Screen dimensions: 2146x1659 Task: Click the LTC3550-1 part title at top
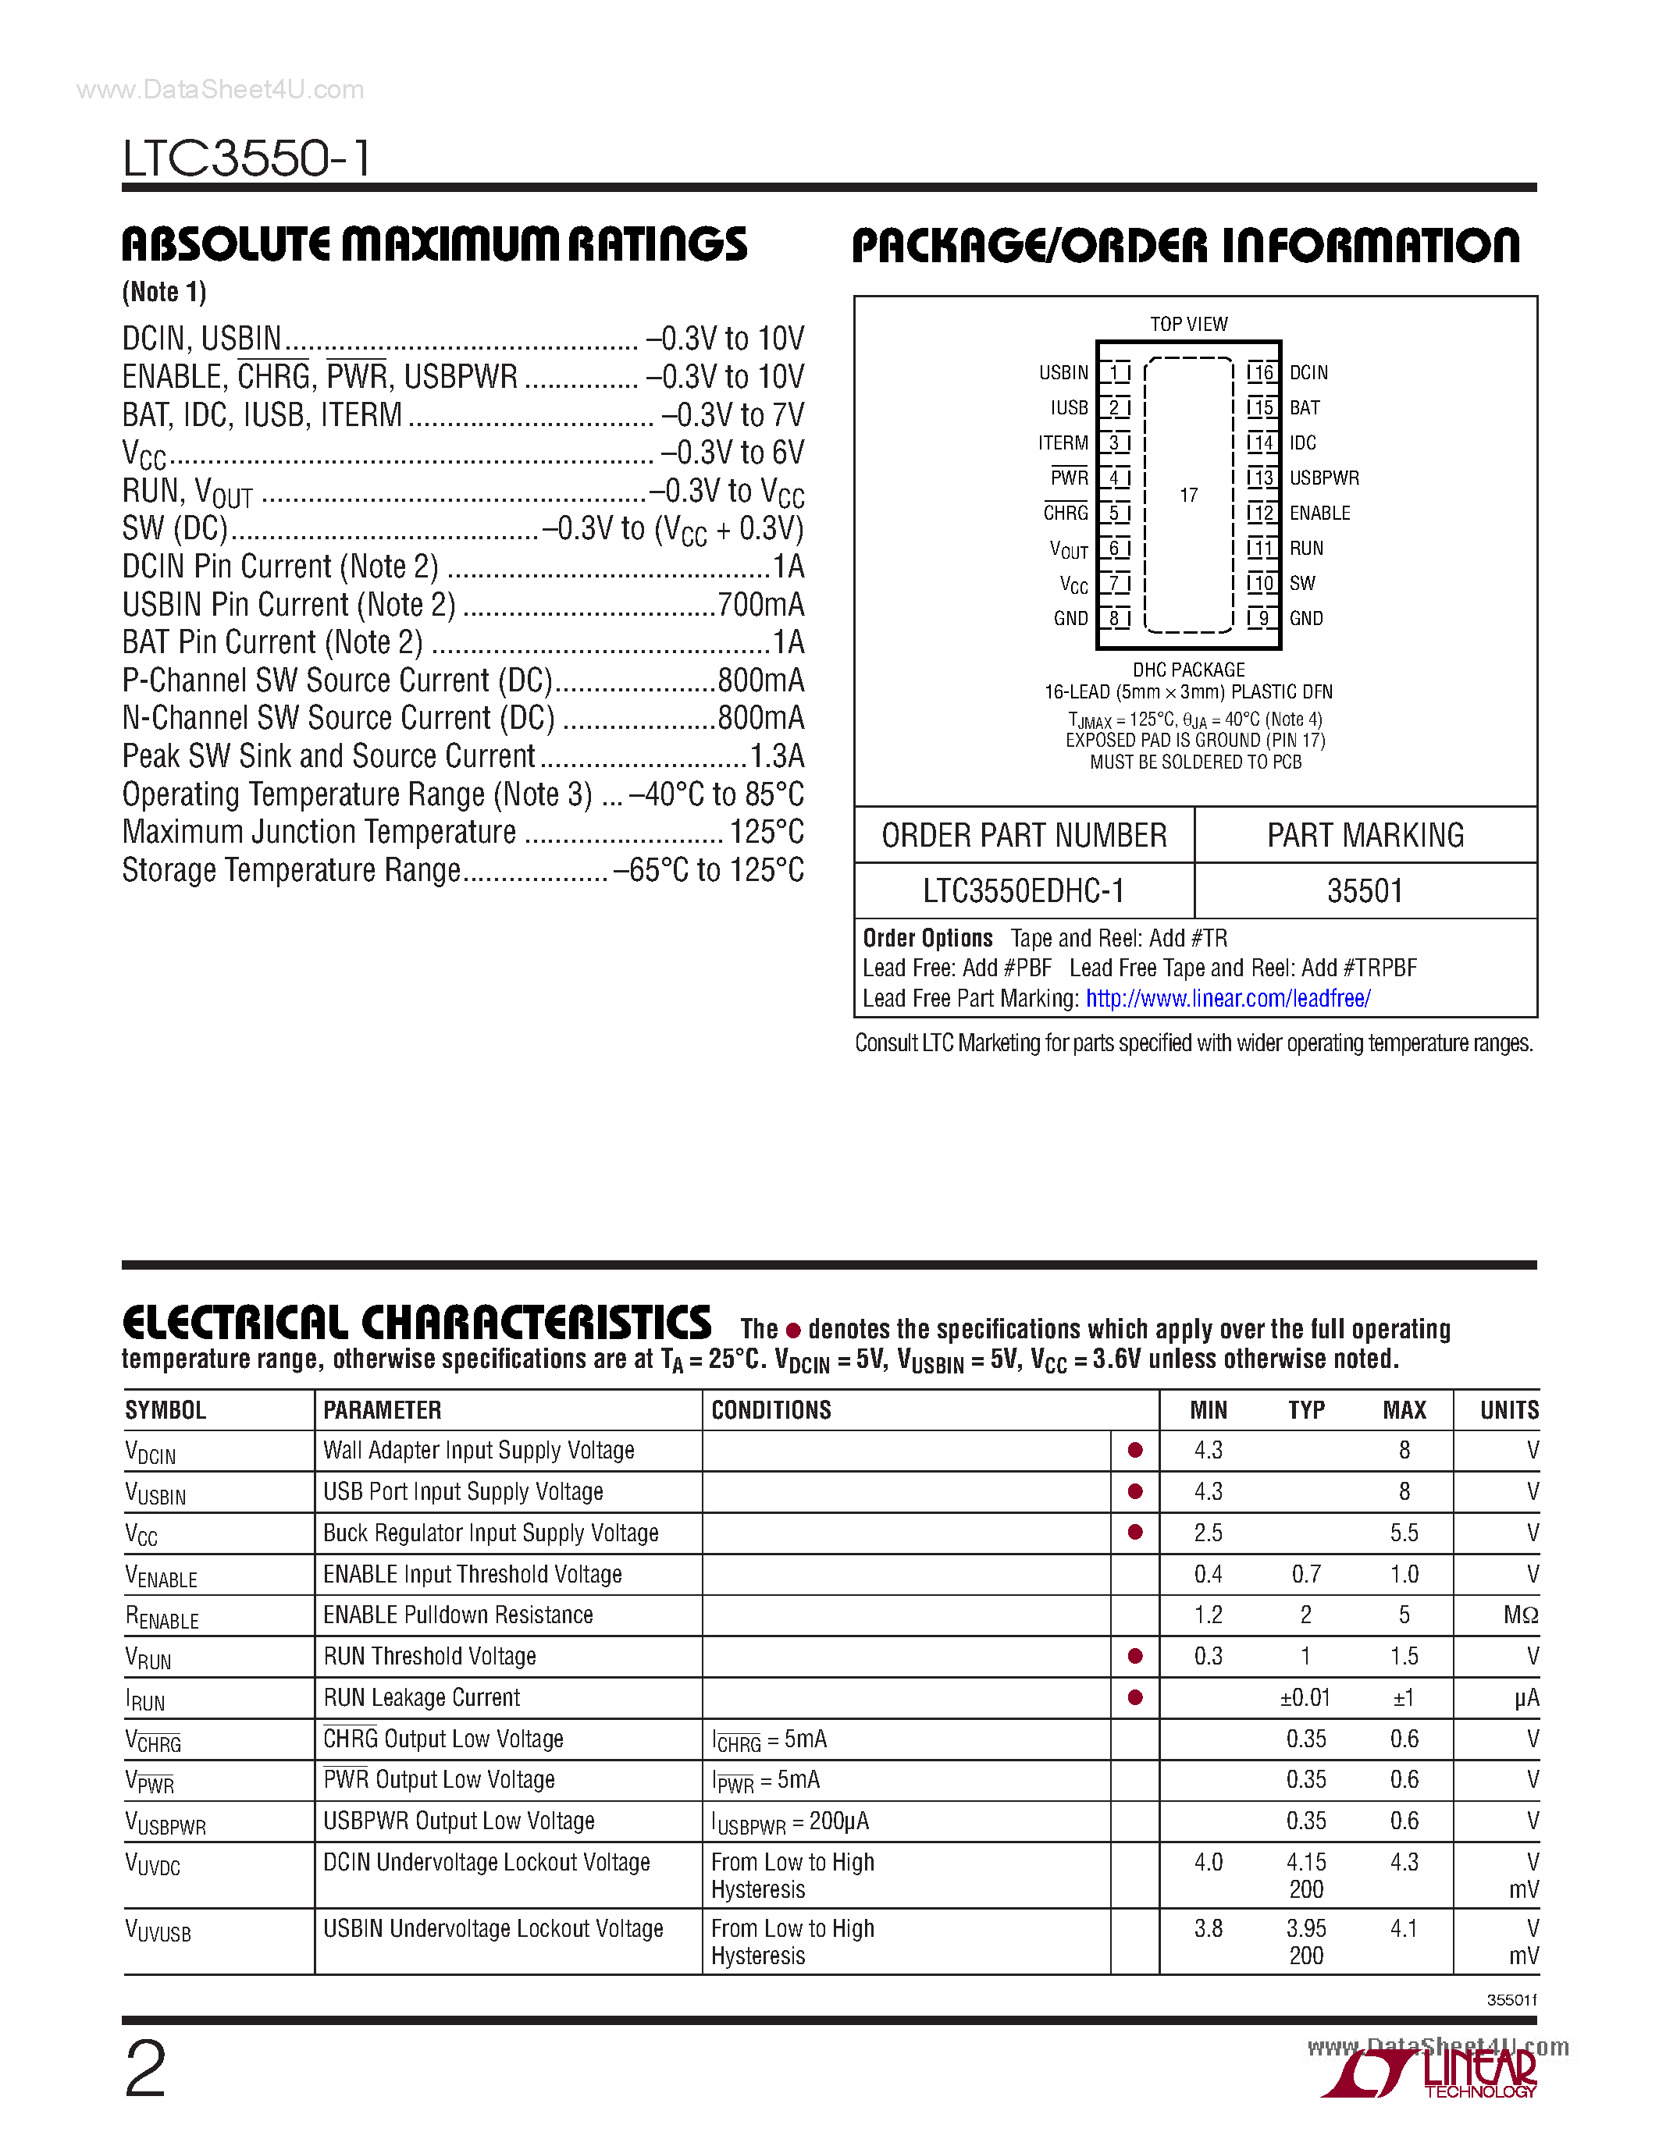247,158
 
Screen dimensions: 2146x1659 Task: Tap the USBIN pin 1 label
1063,372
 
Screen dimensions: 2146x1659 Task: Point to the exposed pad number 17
1188,496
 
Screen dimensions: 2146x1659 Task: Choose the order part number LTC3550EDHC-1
1024,891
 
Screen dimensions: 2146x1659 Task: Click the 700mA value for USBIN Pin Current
760,604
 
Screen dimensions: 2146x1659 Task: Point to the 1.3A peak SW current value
777,755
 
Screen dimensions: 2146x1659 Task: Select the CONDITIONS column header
771,1410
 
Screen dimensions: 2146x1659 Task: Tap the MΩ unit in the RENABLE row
1519,1615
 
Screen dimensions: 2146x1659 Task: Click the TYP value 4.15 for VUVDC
1305,1862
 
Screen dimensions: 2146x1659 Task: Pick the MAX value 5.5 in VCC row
1404,1533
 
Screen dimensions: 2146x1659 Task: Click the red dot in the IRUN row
1135,1697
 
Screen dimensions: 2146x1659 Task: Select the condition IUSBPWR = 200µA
789,1821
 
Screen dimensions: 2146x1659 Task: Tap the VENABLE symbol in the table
161,1576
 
